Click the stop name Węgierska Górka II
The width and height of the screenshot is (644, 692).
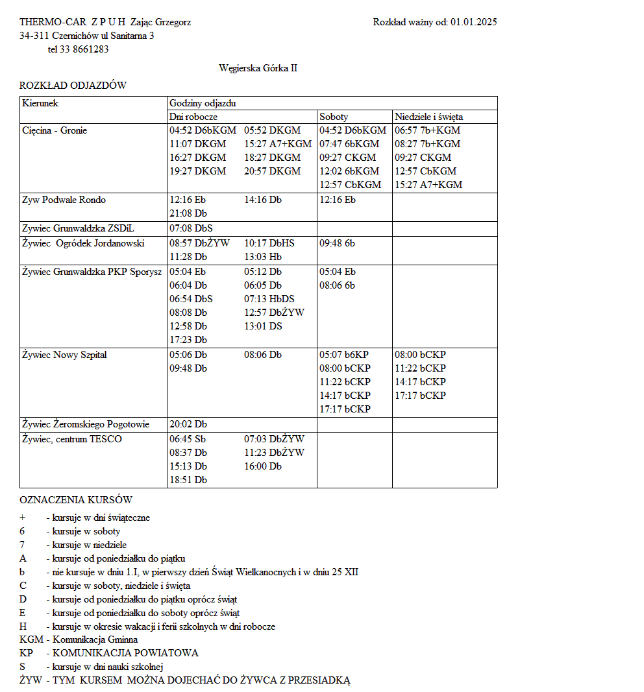(258, 68)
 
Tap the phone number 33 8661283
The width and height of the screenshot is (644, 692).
(83, 49)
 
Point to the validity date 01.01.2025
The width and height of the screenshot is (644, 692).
(473, 22)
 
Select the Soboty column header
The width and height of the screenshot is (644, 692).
(334, 117)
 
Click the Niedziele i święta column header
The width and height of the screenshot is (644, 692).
(428, 117)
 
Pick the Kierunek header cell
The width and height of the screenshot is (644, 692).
(40, 103)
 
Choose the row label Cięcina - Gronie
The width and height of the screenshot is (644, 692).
(55, 131)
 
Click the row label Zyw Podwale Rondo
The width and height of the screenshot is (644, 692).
(64, 200)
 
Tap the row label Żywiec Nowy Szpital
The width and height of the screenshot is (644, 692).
(64, 355)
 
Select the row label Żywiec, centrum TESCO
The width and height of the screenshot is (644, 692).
(71, 439)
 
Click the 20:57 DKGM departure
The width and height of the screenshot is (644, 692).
(273, 172)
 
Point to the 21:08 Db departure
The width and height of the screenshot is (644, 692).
(188, 213)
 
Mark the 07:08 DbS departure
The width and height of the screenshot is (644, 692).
(191, 229)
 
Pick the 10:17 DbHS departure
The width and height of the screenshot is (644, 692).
(269, 243)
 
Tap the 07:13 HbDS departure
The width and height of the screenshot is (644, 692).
(269, 299)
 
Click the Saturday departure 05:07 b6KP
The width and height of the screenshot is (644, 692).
(344, 355)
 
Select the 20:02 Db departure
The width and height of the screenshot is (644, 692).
(188, 425)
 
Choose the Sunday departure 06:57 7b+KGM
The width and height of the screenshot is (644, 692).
(427, 131)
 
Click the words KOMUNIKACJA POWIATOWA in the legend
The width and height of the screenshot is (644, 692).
(125, 653)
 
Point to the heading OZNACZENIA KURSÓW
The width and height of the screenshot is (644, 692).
(76, 500)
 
